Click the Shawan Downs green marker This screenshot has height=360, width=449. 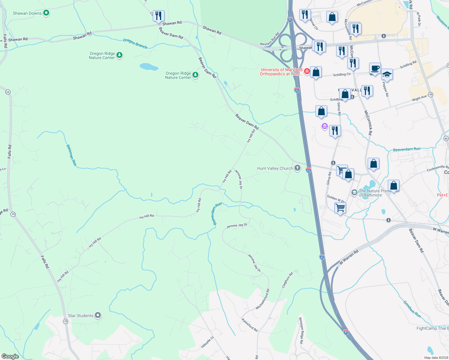coord(46,13)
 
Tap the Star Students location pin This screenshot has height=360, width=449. coord(98,315)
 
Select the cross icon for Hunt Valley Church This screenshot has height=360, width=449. coord(297,168)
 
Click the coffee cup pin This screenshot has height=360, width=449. coord(375,69)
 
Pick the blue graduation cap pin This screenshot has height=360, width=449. coord(387,74)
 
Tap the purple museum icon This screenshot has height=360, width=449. coord(324,126)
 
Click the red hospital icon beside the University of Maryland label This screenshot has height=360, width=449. coord(307,71)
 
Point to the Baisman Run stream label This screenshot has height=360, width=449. coord(71,155)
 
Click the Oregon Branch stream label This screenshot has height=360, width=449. coord(135,43)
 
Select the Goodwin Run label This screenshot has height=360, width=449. coord(412,309)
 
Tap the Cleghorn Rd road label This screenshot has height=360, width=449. coord(287,280)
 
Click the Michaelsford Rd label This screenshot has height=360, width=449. coord(263,299)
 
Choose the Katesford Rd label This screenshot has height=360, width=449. coord(249,325)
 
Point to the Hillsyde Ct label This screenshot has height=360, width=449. coord(207,342)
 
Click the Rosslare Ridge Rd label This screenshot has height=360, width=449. coord(301,330)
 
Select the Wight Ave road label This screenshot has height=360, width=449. coord(419,98)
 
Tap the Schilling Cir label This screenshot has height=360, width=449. coord(342,74)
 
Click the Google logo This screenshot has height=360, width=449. coord(10,356)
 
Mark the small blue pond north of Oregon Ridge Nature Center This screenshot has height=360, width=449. coord(149,66)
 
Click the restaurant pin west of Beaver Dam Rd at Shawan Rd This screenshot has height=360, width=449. coord(158,16)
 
